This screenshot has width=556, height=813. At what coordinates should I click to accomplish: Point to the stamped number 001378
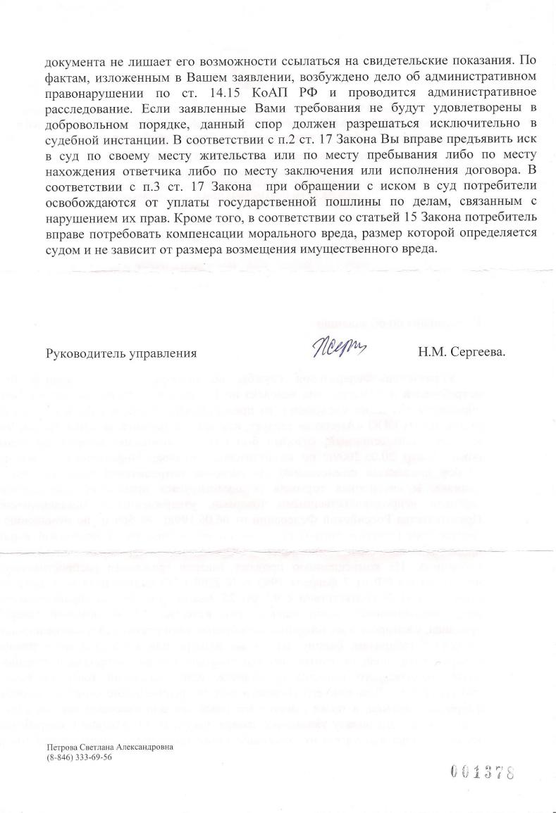click(x=482, y=772)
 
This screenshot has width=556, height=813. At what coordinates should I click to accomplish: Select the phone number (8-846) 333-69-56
click(x=79, y=757)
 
